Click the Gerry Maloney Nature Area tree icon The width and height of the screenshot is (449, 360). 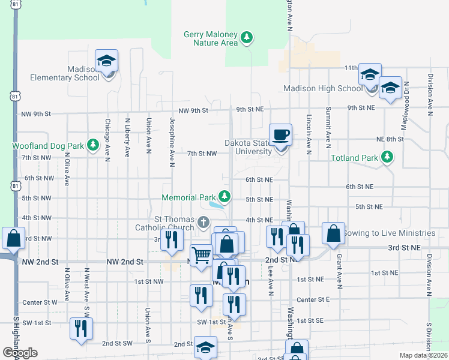pyautogui.click(x=246, y=38)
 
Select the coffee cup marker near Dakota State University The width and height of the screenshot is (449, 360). pyautogui.click(x=280, y=134)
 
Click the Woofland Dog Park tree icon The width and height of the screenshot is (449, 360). pyautogui.click(x=93, y=145)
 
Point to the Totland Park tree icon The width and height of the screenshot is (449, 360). pyautogui.click(x=388, y=158)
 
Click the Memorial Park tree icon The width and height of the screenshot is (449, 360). pyautogui.click(x=224, y=196)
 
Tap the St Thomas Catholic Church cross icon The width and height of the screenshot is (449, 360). pyautogui.click(x=203, y=223)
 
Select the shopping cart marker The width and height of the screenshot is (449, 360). pyautogui.click(x=202, y=256)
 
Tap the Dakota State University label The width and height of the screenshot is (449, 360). pyautogui.click(x=249, y=147)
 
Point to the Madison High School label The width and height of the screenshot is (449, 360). pyautogui.click(x=324, y=89)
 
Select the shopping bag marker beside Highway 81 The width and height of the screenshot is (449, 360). pyautogui.click(x=13, y=239)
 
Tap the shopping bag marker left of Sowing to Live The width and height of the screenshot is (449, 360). pyautogui.click(x=333, y=234)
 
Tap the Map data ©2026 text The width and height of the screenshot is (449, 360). pyautogui.click(x=423, y=355)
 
